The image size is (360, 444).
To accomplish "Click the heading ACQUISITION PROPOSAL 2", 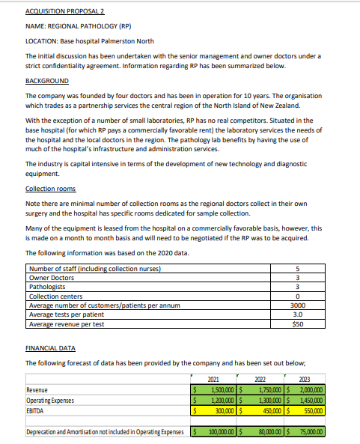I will (x=59, y=13).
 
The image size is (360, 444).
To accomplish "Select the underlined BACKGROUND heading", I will (x=46, y=81).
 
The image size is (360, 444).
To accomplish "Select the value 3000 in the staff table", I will (x=297, y=305).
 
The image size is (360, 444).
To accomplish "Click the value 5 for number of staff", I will (x=297, y=270).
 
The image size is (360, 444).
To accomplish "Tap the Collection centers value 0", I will (x=297, y=296).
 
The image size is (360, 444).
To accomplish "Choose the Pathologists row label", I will (x=46, y=288).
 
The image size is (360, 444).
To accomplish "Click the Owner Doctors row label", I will (x=49, y=279).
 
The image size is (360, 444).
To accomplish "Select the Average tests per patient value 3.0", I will (x=297, y=314).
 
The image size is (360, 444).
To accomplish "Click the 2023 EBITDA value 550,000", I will (x=309, y=411).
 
